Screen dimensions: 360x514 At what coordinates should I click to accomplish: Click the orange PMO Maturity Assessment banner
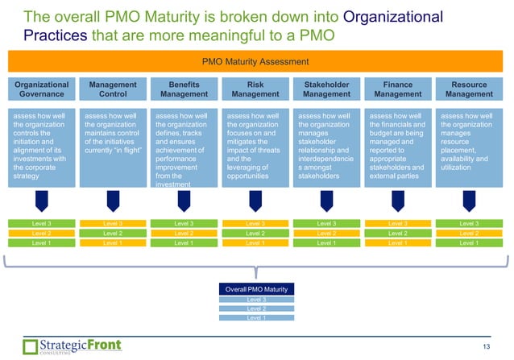(256, 60)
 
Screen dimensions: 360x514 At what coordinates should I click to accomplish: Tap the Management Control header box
(113, 88)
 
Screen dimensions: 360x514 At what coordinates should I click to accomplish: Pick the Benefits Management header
(184, 88)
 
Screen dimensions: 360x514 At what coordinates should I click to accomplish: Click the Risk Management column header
(255, 88)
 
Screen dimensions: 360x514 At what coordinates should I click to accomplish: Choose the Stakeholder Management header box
(326, 88)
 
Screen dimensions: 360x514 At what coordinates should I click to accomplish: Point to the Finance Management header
(397, 88)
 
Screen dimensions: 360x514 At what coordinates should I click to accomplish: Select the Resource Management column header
(469, 88)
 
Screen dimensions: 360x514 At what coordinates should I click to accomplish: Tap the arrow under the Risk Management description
(255, 201)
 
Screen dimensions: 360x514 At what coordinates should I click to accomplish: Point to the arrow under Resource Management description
(469, 201)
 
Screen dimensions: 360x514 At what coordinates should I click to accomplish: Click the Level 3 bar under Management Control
(113, 223)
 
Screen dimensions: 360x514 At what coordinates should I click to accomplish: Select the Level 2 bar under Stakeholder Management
(326, 233)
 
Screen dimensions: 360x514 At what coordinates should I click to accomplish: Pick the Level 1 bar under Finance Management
(397, 242)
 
